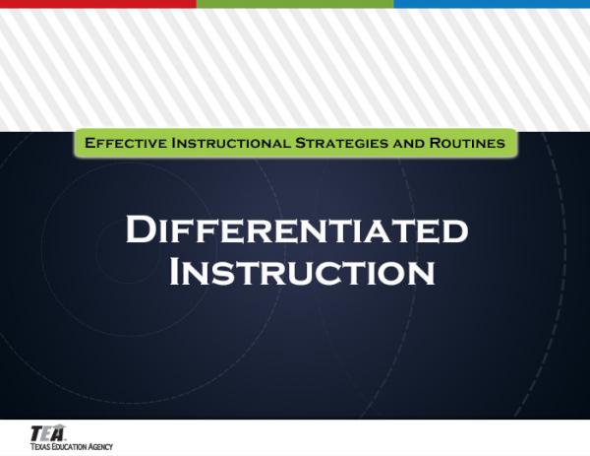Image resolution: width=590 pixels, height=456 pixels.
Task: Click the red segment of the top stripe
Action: click(x=98, y=4)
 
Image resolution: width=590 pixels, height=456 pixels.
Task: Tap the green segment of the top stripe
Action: click(x=295, y=4)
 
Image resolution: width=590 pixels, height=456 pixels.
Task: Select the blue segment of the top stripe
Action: click(x=492, y=4)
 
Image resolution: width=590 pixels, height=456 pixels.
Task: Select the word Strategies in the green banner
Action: click(x=341, y=144)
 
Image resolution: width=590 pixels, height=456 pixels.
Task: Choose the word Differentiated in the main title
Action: click(x=295, y=231)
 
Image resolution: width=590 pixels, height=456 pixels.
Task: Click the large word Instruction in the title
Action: click(x=302, y=271)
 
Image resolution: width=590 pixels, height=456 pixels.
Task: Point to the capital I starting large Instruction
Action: click(x=177, y=271)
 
